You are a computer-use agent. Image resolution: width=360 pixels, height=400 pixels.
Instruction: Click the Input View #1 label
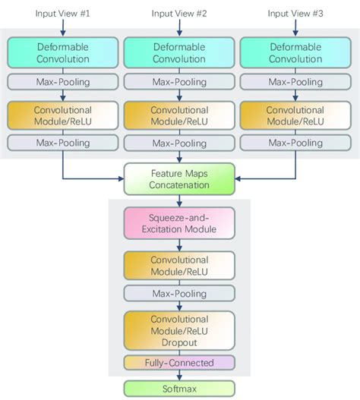pyautogui.click(x=63, y=13)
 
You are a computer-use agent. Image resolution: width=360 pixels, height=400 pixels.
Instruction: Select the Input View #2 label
pyautogui.click(x=179, y=13)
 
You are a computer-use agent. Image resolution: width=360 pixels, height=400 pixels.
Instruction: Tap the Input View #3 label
pyautogui.click(x=296, y=13)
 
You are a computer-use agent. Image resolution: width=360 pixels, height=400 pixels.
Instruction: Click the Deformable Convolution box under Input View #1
pyautogui.click(x=63, y=52)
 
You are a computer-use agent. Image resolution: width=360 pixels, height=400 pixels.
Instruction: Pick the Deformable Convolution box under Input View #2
pyautogui.click(x=179, y=52)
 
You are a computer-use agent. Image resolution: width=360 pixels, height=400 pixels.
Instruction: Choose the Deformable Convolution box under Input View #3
pyautogui.click(x=296, y=52)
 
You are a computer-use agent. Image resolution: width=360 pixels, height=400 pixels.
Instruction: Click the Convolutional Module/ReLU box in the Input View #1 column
pyautogui.click(x=63, y=115)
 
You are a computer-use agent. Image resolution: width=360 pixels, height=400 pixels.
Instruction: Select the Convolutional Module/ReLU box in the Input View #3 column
pyautogui.click(x=296, y=115)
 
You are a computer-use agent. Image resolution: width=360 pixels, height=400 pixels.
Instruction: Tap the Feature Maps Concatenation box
pyautogui.click(x=179, y=179)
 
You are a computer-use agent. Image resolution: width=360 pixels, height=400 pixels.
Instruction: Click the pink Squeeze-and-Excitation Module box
pyautogui.click(x=179, y=222)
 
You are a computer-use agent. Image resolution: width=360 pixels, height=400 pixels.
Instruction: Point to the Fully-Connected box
pyautogui.click(x=179, y=363)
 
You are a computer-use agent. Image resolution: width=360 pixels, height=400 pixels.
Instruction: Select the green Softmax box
pyautogui.click(x=179, y=388)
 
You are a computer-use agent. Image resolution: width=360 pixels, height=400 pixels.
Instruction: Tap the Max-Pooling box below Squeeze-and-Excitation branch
pyautogui.click(x=179, y=293)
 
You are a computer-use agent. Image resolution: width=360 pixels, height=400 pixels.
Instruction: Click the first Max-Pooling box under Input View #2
pyautogui.click(x=179, y=81)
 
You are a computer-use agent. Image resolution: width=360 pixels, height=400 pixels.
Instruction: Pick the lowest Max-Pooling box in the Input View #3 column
pyautogui.click(x=296, y=142)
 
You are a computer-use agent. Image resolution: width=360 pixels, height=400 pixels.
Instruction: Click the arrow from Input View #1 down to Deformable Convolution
pyautogui.click(x=63, y=27)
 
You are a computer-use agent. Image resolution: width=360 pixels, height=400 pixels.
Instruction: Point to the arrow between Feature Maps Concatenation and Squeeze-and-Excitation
pyautogui.click(x=179, y=200)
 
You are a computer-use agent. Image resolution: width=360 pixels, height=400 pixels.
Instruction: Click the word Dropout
pyautogui.click(x=179, y=342)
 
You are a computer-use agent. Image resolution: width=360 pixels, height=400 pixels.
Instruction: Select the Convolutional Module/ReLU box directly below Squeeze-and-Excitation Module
pyautogui.click(x=179, y=264)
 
